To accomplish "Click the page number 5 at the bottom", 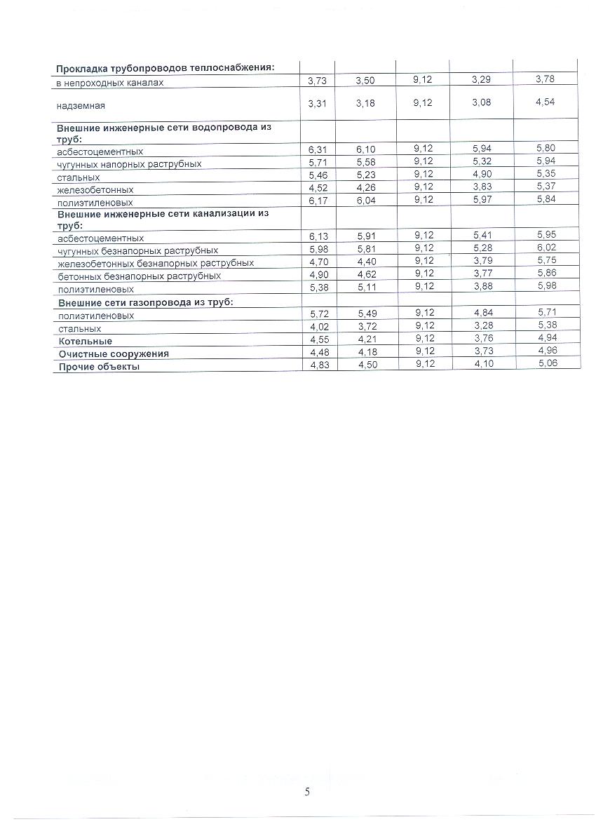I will pos(307,792).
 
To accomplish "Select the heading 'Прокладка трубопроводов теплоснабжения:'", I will pos(165,68).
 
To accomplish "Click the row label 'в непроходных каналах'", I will pos(110,83).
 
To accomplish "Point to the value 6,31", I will pos(318,149).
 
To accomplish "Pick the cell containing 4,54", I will pos(545,102).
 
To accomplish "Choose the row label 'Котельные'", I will pos(85,341).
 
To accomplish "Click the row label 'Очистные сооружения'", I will pos(114,353).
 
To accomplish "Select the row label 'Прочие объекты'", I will pos(99,366).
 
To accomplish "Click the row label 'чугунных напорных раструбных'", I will pos(129,164).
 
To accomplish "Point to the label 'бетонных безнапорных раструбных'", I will pos(139,276).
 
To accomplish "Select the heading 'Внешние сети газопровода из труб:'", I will pos(145,302).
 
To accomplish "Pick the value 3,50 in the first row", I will pos(365,81).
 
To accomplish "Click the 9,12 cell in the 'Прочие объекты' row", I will pos(424,363).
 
